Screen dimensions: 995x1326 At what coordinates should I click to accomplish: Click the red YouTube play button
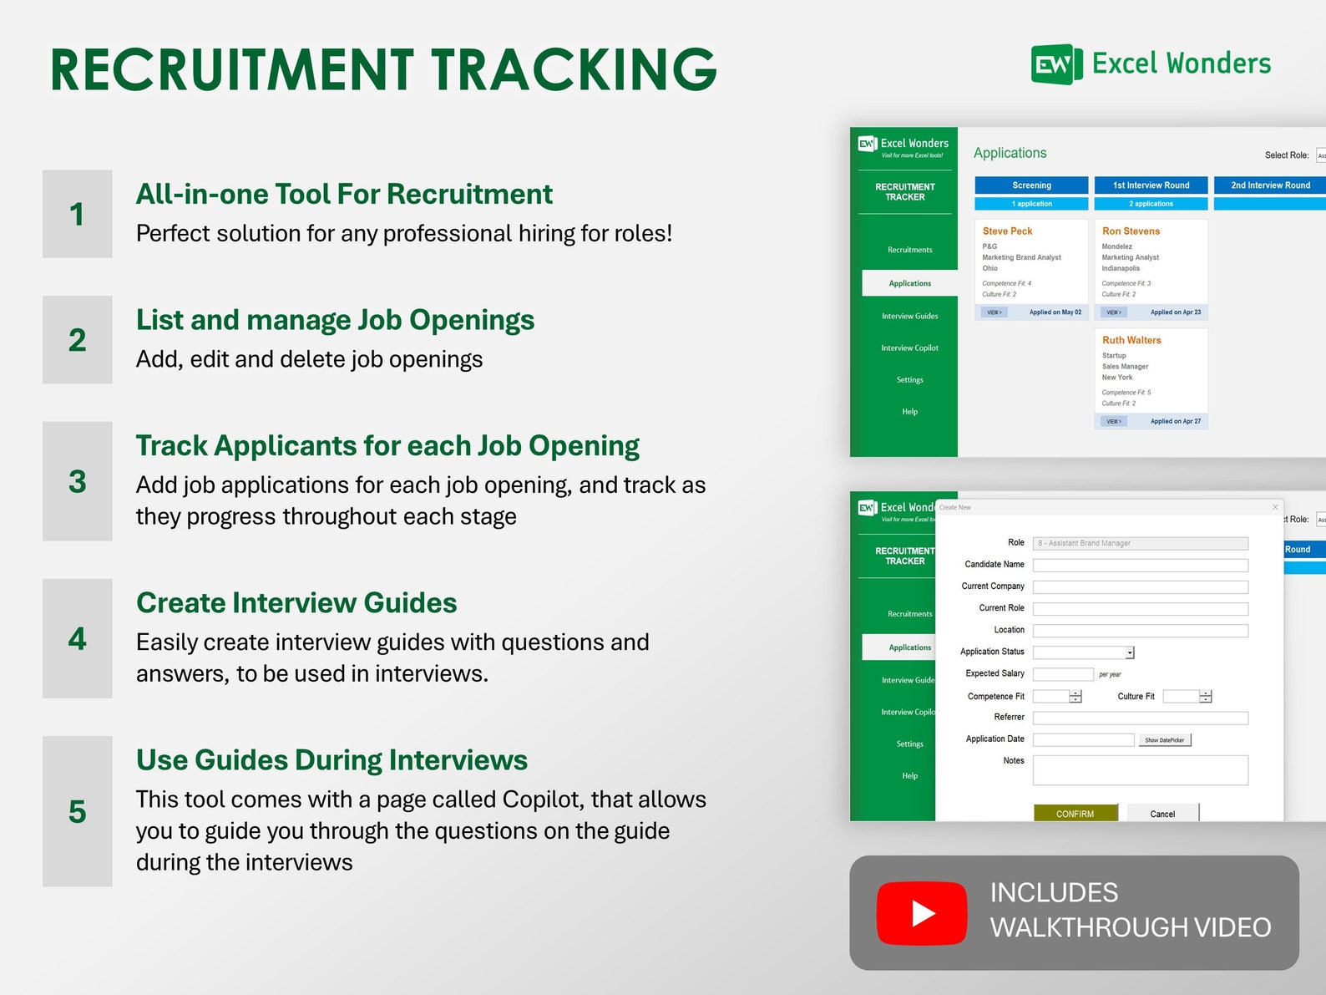point(921,912)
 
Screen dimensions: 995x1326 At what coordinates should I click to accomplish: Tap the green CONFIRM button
point(1075,813)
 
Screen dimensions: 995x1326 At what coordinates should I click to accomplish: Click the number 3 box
point(78,481)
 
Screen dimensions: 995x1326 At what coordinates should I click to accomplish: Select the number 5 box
point(78,811)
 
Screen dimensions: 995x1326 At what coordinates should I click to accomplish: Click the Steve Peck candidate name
point(1007,231)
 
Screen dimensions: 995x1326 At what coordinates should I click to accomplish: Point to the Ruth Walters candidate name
point(1131,340)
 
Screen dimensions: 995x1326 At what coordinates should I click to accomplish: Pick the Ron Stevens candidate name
point(1131,231)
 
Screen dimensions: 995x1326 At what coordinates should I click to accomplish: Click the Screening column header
point(1031,185)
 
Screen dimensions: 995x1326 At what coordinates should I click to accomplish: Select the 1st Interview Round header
point(1151,185)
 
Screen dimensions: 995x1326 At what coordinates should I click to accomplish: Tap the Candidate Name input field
point(1140,565)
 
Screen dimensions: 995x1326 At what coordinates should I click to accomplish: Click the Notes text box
point(1140,769)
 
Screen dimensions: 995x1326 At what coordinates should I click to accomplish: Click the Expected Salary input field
point(1062,674)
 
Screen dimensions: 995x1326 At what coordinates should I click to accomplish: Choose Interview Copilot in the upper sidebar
point(909,348)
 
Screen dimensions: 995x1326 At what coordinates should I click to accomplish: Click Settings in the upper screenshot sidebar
point(909,380)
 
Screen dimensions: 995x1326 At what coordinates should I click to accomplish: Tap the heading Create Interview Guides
point(296,603)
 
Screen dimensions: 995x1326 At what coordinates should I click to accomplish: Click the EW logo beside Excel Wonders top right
point(1055,64)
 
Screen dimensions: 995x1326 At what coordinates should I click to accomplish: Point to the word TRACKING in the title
point(574,69)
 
